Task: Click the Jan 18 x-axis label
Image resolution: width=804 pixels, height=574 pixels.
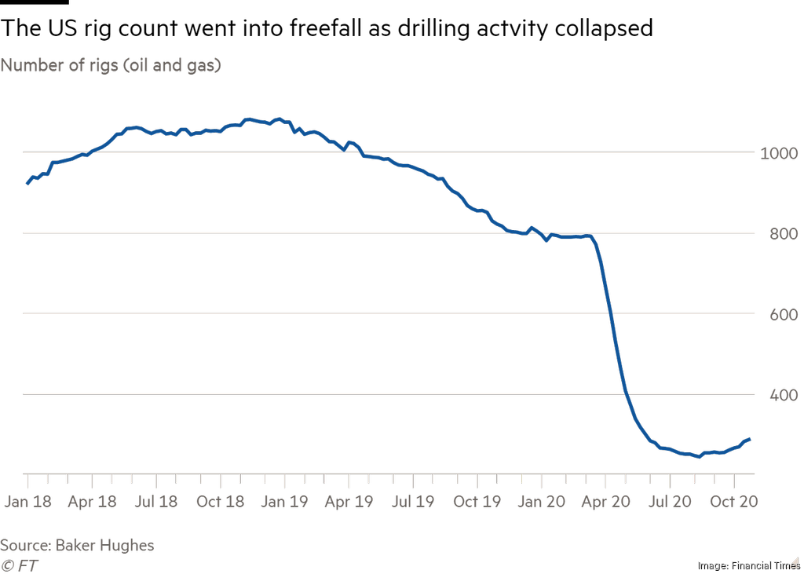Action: [x=28, y=501]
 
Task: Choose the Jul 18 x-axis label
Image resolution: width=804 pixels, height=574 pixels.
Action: [x=156, y=501]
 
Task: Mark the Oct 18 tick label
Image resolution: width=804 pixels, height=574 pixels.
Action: [x=221, y=501]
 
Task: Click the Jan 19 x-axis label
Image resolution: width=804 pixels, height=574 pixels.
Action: [x=284, y=501]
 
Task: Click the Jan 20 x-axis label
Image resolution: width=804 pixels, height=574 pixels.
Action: [x=541, y=501]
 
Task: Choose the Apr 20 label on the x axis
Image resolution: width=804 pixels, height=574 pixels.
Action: [x=605, y=501]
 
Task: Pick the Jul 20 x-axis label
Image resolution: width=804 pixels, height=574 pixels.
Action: [x=668, y=501]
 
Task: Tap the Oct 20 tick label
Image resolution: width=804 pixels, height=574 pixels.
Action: [x=733, y=501]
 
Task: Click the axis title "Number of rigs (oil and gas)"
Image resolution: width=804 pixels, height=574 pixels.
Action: [x=111, y=65]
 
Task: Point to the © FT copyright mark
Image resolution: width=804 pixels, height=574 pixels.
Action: [x=20, y=565]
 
